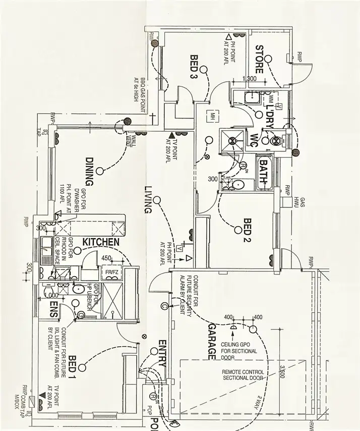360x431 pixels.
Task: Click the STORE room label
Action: tap(260, 56)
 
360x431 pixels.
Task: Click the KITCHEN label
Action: tap(101, 242)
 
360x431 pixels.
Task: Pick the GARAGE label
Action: tap(211, 341)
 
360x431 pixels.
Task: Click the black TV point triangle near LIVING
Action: tap(172, 135)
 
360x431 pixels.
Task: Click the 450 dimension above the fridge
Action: tap(106, 259)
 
